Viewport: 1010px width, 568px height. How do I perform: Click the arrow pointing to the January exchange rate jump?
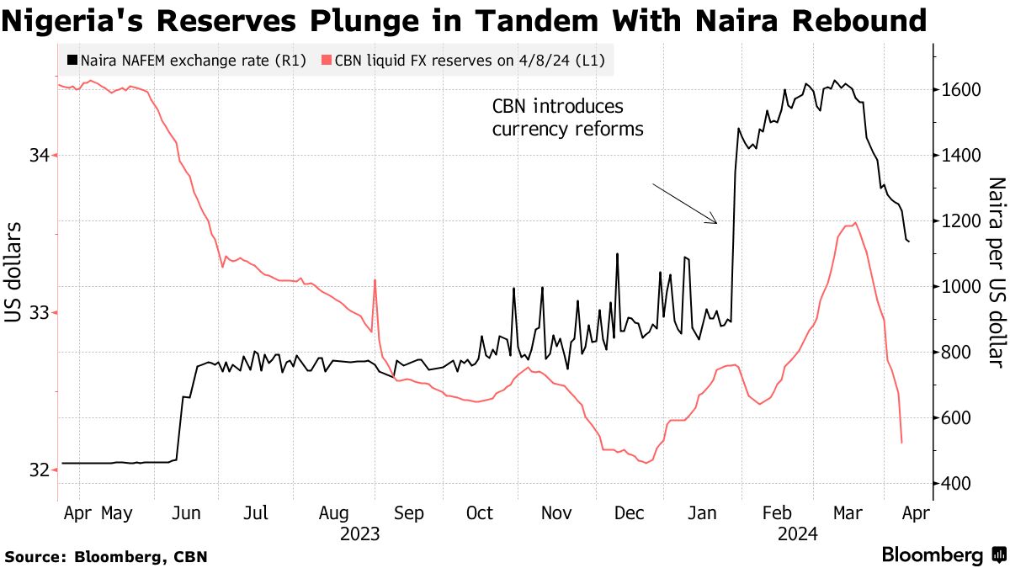[x=685, y=204]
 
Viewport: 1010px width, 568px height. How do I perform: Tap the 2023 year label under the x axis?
[x=359, y=533]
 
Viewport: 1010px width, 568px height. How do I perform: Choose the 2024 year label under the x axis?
[x=797, y=533]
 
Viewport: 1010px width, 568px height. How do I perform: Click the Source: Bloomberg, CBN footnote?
[x=106, y=556]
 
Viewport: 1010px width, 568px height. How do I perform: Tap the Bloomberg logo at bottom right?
[x=941, y=555]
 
